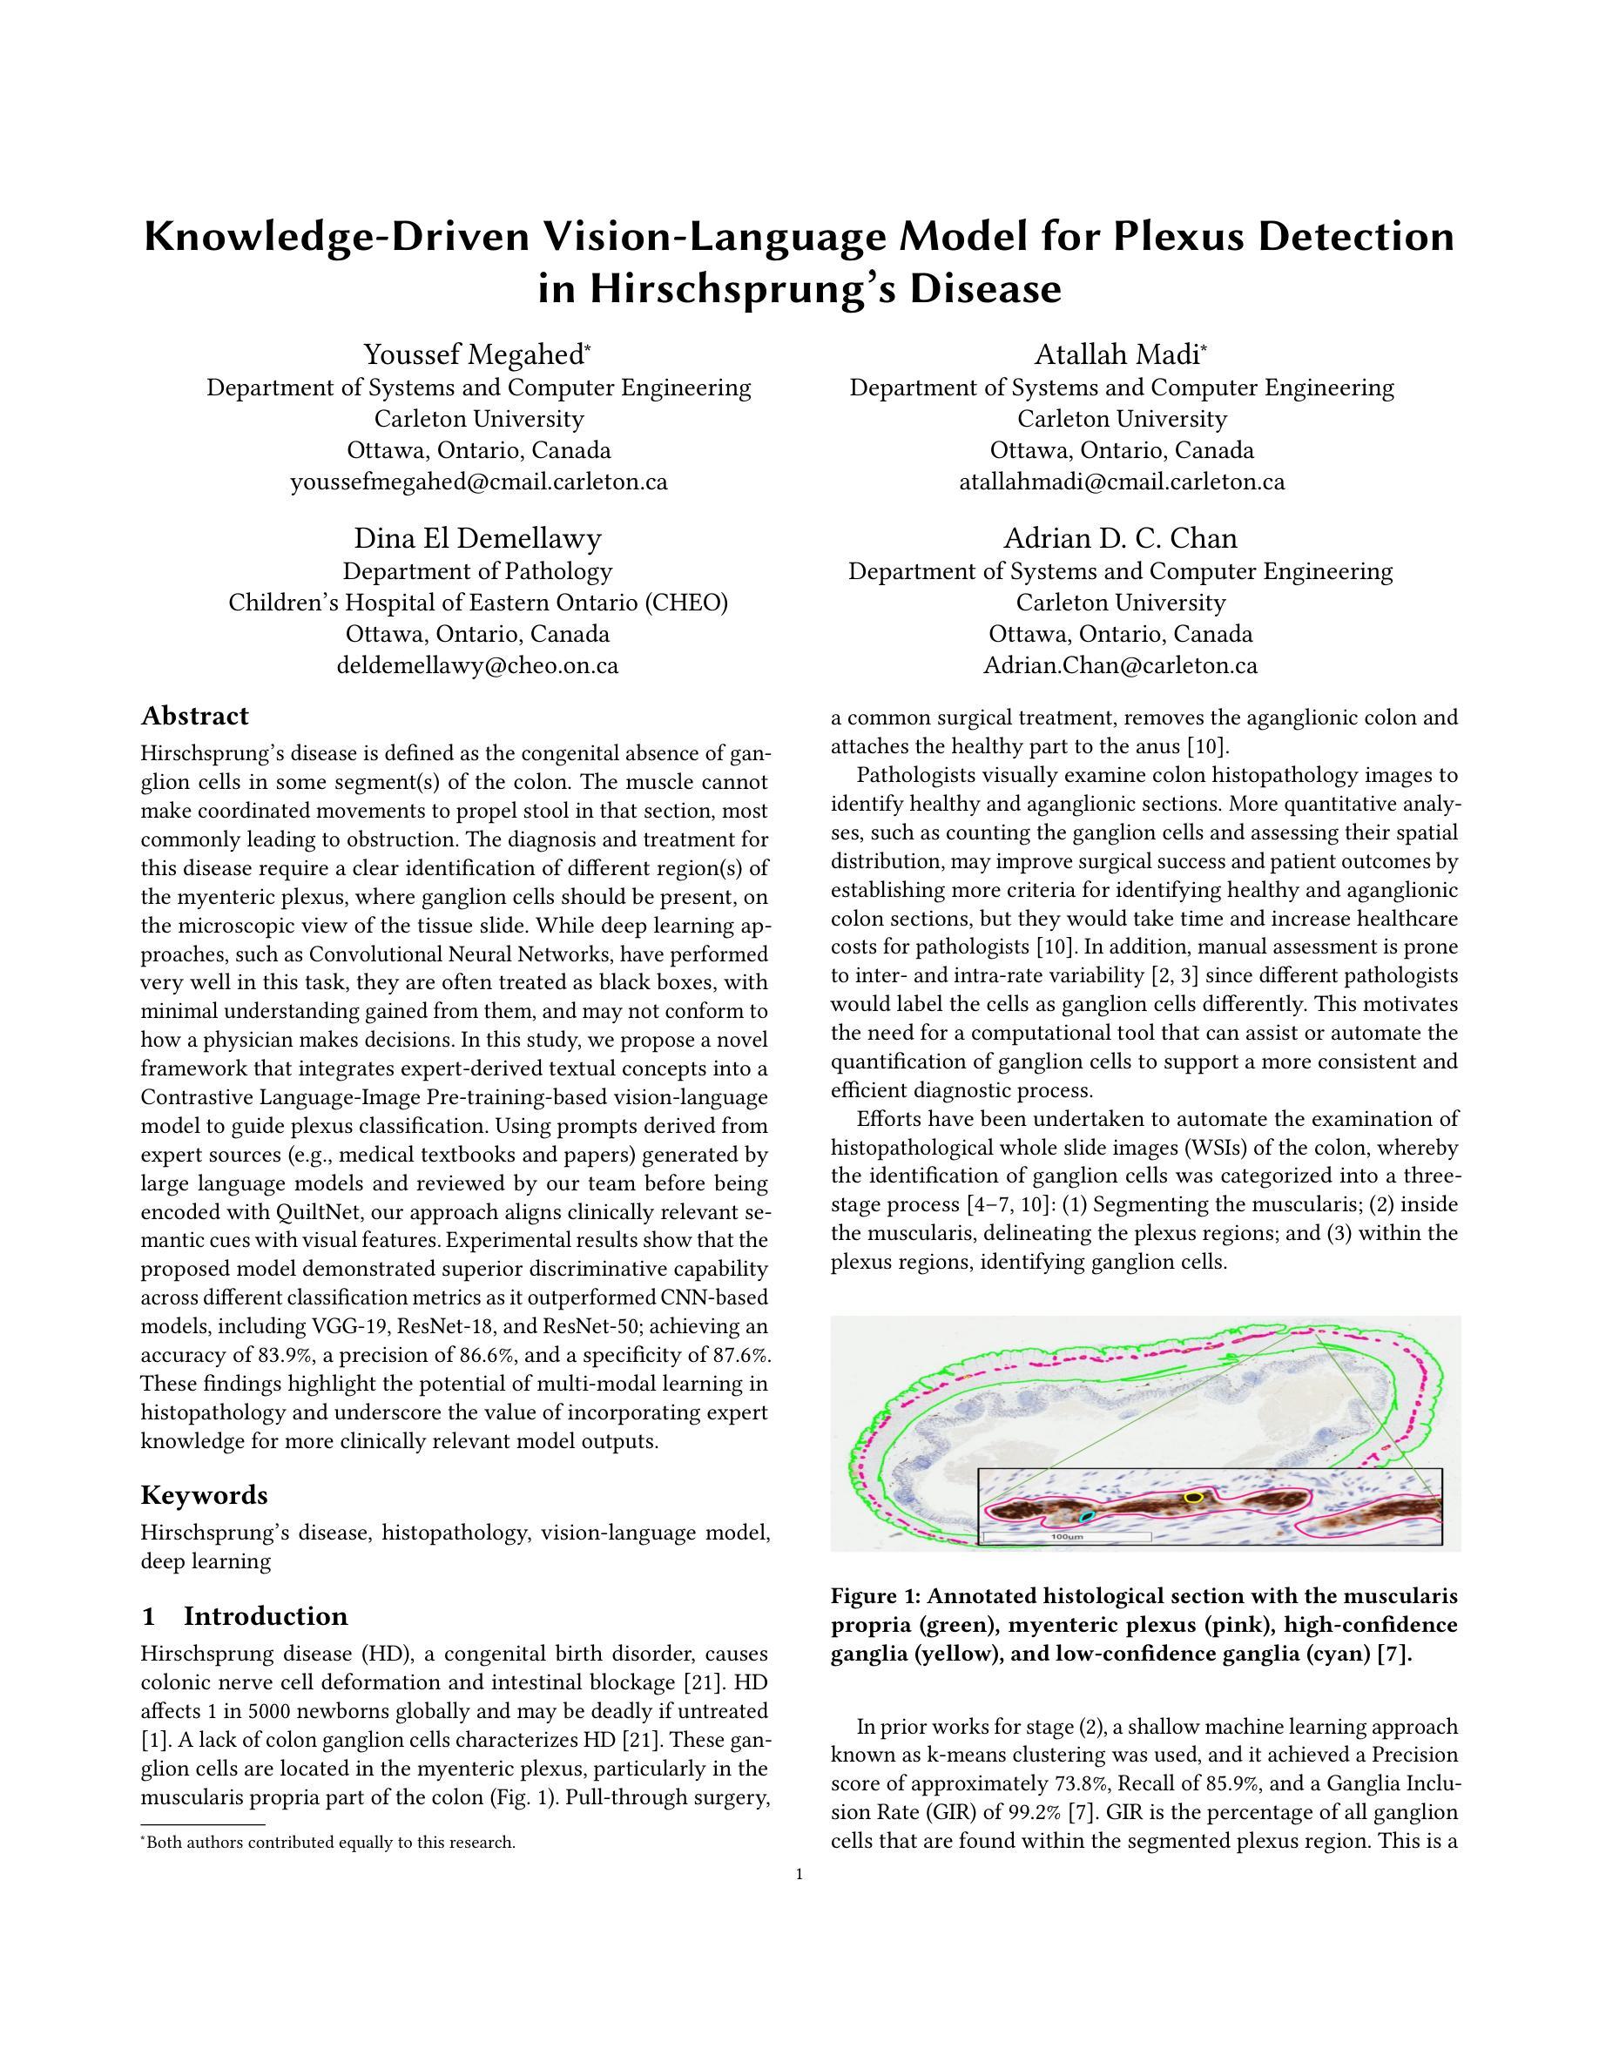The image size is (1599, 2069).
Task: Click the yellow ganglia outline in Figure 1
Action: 1193,1497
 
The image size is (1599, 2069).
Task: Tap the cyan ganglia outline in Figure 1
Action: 1088,1517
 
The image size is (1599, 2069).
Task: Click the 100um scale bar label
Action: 1068,1537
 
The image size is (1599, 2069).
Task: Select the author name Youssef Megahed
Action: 477,354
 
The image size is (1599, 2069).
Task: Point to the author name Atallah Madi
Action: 1121,354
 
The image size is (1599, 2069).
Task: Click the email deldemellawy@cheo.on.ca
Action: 477,665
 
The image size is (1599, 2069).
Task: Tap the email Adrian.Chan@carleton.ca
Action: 1121,665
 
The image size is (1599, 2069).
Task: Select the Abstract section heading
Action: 194,715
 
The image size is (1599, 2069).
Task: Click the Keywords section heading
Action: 204,1495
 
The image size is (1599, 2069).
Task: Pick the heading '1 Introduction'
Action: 244,1615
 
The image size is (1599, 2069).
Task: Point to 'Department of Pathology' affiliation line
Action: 477,571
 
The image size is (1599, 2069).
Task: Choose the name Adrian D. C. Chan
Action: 1121,538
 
